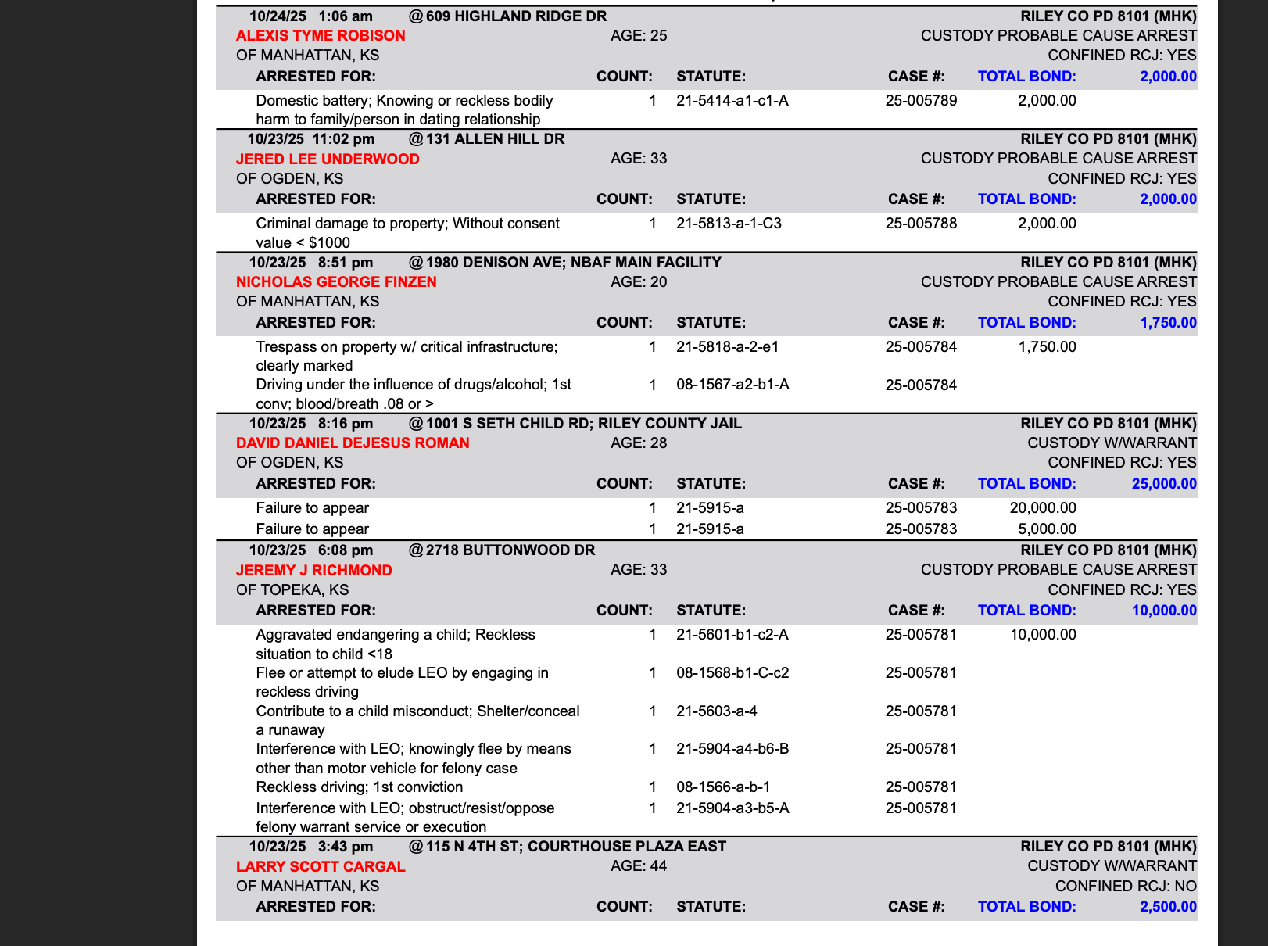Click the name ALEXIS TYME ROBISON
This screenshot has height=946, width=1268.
321,36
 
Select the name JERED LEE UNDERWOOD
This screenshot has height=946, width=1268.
328,159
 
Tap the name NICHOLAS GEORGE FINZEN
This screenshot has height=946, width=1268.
336,282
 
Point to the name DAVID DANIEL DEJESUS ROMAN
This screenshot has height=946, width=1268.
353,443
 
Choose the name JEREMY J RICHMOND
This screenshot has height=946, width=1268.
313,571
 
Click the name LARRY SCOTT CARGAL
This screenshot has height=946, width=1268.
321,867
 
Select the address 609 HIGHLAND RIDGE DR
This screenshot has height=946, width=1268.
516,16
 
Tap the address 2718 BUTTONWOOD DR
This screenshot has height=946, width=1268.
510,550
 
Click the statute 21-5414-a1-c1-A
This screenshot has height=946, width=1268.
732,101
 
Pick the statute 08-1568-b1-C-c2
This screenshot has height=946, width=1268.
732,673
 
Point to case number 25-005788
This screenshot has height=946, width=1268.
921,224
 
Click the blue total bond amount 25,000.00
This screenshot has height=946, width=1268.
1163,484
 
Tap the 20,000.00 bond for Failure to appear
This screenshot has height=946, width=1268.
1043,508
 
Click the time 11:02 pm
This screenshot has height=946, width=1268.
343,139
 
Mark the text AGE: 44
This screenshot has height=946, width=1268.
639,866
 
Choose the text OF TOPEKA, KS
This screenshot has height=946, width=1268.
292,590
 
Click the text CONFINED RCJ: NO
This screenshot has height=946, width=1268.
1126,887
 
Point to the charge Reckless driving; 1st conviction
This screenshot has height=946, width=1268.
359,787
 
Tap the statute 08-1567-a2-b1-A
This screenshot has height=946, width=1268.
732,385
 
